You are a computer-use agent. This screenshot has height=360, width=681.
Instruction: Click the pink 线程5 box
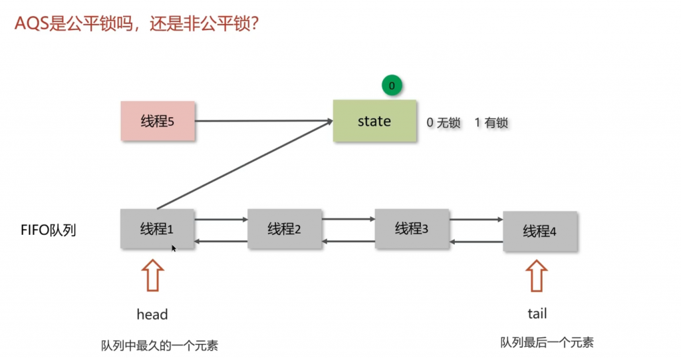158,121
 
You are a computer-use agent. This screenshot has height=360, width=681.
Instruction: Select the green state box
374,121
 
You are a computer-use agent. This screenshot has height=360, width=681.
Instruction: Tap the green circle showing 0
392,85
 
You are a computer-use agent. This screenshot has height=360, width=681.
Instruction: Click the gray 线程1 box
157,229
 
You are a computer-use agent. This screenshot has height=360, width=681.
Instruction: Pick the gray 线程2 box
284,230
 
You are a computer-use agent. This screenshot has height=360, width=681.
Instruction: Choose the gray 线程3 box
412,228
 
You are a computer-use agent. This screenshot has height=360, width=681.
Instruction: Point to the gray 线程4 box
539,231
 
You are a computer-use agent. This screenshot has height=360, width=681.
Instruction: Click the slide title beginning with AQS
136,25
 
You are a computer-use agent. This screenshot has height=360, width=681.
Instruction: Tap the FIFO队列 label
49,231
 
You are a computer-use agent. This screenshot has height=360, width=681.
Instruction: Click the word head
152,314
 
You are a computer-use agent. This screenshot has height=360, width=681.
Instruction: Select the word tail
537,313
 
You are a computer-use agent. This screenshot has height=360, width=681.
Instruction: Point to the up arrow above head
153,275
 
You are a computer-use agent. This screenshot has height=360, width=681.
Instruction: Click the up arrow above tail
537,275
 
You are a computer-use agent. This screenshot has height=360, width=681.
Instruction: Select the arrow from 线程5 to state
263,121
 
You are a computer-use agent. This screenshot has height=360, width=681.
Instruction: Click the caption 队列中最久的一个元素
160,345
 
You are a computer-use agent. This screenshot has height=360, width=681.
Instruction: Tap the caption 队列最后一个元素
547,343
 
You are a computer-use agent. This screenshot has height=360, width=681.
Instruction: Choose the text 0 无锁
443,123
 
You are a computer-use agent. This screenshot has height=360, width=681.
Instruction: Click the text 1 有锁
491,123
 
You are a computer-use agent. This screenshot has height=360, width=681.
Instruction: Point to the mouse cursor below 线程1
174,249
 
